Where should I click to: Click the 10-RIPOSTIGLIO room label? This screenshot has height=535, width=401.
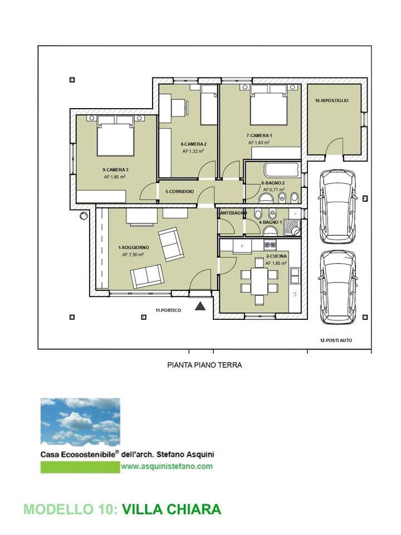(331, 101)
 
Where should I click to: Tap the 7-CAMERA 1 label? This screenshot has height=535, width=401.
(259, 135)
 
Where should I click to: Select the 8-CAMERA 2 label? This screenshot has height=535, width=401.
(193, 144)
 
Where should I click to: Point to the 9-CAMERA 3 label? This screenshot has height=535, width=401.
(115, 169)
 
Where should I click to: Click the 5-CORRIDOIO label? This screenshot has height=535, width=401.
(180, 192)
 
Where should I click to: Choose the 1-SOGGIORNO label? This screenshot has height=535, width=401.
(133, 247)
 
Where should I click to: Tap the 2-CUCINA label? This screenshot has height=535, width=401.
(277, 256)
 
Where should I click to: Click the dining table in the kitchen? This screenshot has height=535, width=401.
(259, 281)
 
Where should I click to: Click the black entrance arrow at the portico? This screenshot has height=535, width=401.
(200, 306)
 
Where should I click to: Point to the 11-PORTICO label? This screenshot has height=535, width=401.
(168, 310)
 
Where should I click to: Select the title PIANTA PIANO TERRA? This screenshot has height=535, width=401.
(204, 365)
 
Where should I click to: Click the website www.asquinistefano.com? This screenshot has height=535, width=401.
(167, 466)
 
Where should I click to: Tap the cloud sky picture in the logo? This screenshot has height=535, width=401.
(80, 422)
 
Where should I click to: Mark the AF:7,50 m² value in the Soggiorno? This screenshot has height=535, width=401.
(133, 255)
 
